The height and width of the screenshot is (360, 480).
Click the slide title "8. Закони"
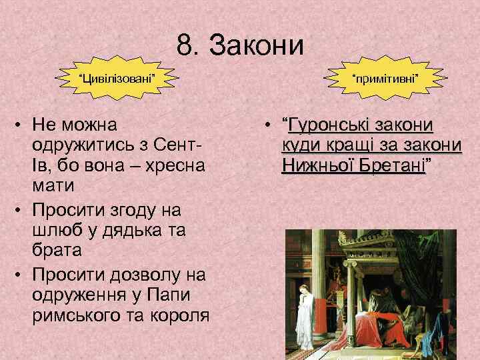[x=240, y=46]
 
